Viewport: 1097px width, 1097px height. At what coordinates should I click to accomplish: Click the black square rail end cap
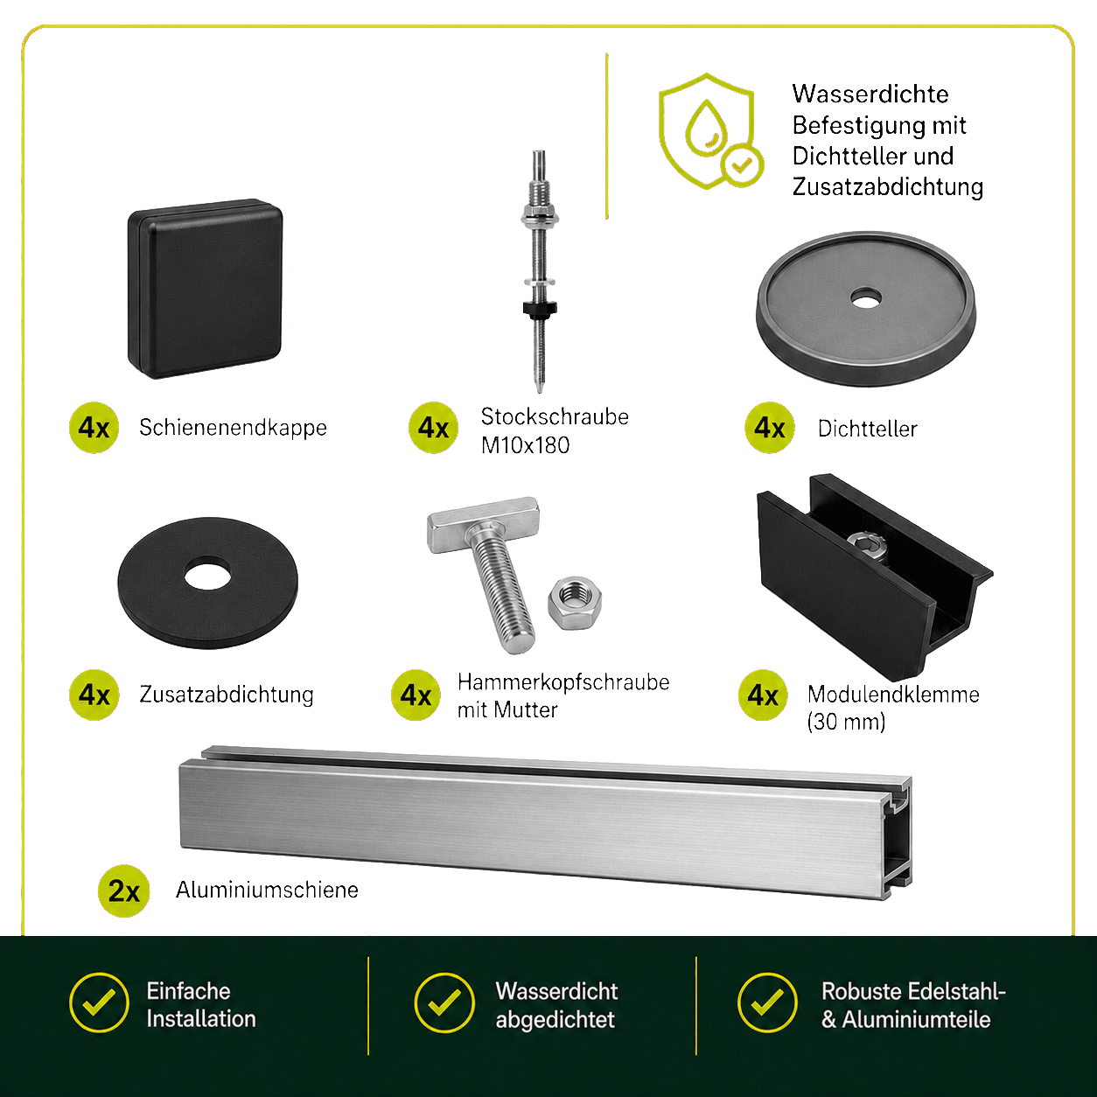pos(206,289)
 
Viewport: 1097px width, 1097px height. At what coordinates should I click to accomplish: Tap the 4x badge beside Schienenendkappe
pos(94,428)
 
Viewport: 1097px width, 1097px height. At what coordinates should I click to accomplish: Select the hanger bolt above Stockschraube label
pos(540,271)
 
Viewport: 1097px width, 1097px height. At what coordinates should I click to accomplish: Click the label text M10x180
pos(525,446)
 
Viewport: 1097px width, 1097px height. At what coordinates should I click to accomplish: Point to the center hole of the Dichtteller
pos(866,298)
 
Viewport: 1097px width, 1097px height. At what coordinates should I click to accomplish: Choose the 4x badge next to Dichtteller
pos(770,428)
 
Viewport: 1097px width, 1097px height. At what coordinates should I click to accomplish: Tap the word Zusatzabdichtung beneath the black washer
pos(227,695)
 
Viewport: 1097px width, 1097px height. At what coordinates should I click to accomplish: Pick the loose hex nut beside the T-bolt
pos(575,603)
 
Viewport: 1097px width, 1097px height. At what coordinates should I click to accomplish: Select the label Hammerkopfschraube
pos(563,682)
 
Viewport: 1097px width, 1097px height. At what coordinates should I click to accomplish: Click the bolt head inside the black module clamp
pos(867,548)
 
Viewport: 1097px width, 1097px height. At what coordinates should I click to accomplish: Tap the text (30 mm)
pos(846,722)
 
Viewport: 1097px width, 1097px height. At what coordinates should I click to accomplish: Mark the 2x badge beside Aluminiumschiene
pos(123,891)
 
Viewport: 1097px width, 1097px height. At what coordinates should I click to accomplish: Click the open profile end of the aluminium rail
pos(897,837)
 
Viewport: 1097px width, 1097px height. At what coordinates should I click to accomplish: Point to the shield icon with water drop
pos(709,131)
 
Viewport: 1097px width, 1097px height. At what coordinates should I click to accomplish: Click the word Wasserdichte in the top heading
pos(870,94)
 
